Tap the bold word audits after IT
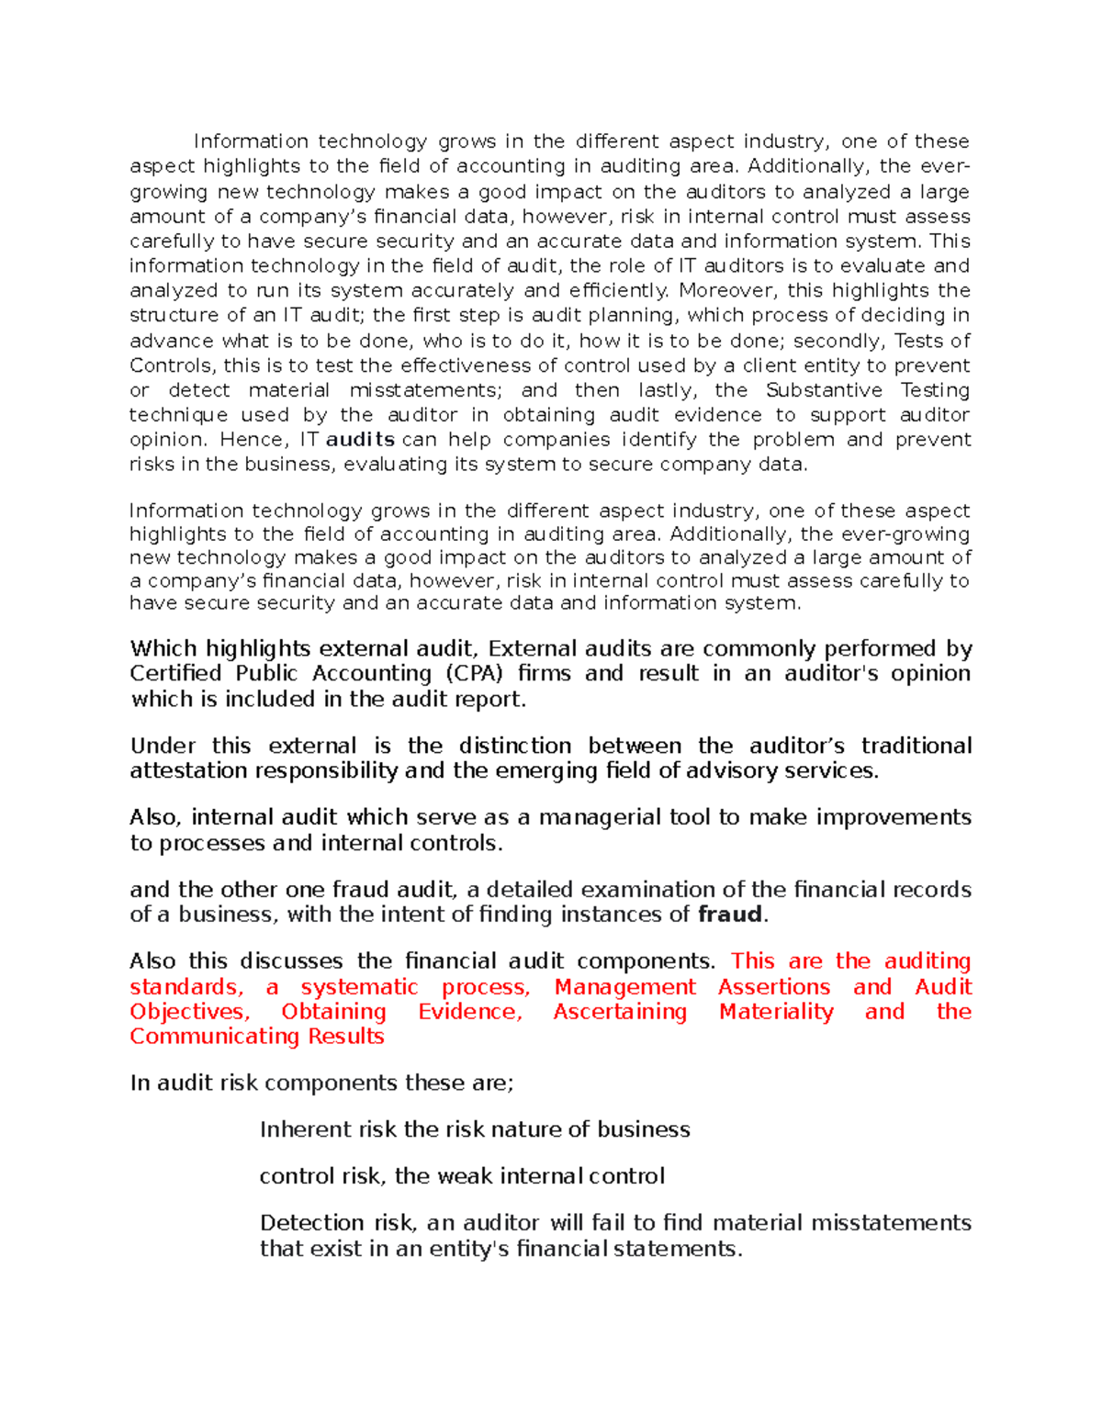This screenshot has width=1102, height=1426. click(x=360, y=440)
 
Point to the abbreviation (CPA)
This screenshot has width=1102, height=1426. click(x=475, y=674)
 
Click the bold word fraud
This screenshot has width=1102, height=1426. click(x=730, y=915)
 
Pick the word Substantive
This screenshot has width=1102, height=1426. click(x=824, y=390)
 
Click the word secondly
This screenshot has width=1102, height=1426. click(x=839, y=341)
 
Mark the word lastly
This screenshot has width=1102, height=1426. click(x=666, y=390)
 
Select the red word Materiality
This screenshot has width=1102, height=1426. click(x=776, y=1012)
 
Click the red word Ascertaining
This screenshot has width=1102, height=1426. click(x=620, y=1012)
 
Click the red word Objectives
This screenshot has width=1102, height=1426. click(x=189, y=1012)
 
